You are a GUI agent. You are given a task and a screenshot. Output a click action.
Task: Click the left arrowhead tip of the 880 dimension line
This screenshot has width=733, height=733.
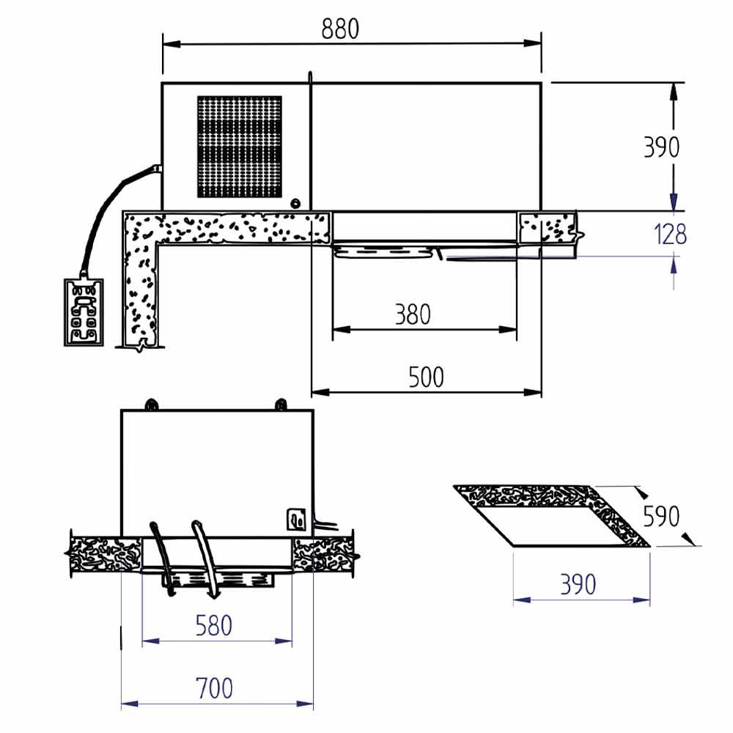pos(163,45)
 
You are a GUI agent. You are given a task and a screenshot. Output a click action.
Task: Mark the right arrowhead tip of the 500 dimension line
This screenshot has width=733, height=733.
pos(542,392)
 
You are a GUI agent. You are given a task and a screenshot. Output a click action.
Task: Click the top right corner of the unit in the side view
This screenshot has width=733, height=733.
pos(542,84)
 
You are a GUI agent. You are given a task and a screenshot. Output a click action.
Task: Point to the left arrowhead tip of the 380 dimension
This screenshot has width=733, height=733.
pos(332,330)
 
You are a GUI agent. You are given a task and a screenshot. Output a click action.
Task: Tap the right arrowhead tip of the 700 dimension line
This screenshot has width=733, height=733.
pos(313,704)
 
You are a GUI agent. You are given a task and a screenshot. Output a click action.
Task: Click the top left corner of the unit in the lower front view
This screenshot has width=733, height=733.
pos(122,410)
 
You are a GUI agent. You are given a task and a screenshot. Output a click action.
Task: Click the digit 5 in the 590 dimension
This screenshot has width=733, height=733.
pos(649,516)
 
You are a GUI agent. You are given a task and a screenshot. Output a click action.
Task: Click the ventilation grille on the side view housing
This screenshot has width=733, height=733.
pos(240,147)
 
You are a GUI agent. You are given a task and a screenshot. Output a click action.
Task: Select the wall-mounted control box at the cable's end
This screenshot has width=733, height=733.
pos(84,312)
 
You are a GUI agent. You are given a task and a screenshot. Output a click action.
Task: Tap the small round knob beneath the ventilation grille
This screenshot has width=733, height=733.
pos(295,203)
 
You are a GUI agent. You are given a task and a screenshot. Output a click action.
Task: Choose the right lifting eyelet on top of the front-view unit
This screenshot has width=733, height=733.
pos(281,404)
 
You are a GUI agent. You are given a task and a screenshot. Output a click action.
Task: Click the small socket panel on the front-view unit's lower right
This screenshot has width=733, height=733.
pos(296,520)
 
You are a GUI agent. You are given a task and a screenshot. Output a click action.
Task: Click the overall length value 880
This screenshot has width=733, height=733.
pos(340,29)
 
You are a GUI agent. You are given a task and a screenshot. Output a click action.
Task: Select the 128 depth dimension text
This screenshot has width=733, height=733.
pos(671,235)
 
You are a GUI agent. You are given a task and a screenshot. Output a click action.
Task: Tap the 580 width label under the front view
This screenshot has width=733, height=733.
pos(213,626)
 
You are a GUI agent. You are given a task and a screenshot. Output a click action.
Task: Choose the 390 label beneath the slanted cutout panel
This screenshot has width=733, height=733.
pos(578,584)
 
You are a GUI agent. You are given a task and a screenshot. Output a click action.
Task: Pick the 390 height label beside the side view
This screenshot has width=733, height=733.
pos(661,147)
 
